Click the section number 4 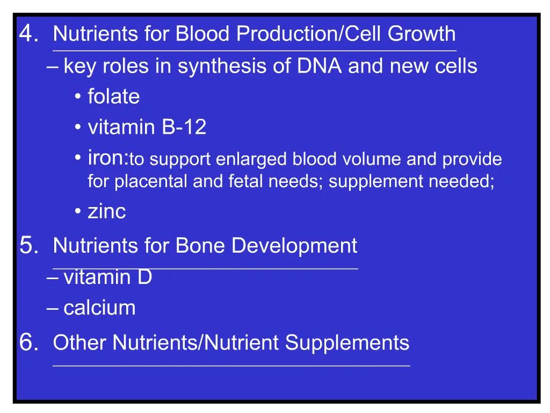(x=28, y=35)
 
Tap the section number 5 (x=28, y=247)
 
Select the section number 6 (x=28, y=343)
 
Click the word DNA (x=319, y=66)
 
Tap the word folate (x=114, y=97)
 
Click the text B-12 (x=184, y=128)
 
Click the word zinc (x=107, y=212)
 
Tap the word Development (x=294, y=246)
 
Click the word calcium (x=99, y=308)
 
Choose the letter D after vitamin (x=145, y=277)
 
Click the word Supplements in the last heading (x=347, y=343)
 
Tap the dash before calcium (x=53, y=309)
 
